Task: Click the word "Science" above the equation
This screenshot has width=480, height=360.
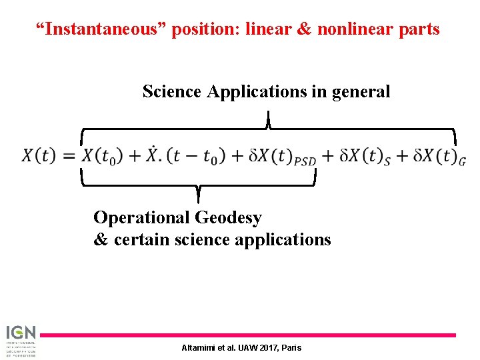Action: click(x=171, y=91)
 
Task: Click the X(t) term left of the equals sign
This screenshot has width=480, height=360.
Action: click(x=39, y=156)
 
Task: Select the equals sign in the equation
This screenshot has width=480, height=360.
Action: click(x=69, y=157)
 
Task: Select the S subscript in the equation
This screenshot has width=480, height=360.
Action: click(x=387, y=161)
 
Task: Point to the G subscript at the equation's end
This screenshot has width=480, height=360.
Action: click(x=462, y=161)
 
